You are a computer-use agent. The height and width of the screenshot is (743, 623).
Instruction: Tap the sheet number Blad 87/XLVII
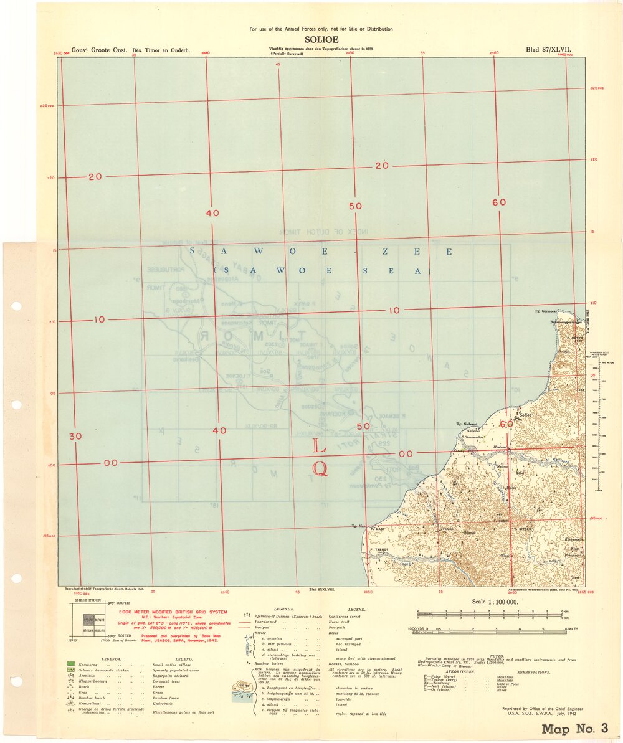point(548,49)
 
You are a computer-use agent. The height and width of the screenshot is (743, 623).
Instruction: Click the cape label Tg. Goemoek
point(546,310)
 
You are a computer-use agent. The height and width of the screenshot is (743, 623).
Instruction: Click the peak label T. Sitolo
point(521,529)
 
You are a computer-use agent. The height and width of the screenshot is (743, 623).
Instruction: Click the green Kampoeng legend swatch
point(70,665)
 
